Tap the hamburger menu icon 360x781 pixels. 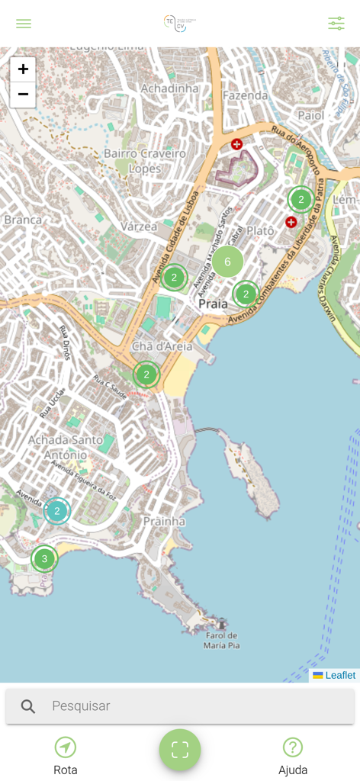[x=24, y=24]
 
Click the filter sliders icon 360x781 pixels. [x=336, y=24]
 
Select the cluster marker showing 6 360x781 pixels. [x=227, y=262]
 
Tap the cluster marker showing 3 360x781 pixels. [x=44, y=559]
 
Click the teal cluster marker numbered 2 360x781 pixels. [x=56, y=510]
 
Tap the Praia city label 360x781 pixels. [x=212, y=304]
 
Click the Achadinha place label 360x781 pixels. [x=169, y=88]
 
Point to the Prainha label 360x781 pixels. [x=164, y=521]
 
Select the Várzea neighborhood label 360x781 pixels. [x=139, y=227]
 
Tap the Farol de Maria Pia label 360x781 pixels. [x=223, y=640]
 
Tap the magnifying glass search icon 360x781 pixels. [x=28, y=706]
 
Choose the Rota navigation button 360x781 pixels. [x=66, y=756]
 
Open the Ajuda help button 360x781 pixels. [x=293, y=756]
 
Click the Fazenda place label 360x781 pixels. [x=245, y=95]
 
